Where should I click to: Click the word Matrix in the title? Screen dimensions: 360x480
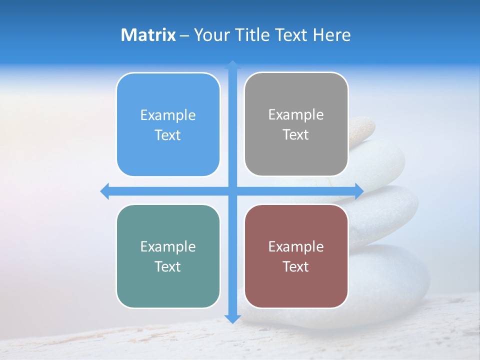pos(148,35)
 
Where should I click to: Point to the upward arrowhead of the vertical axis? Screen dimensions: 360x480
pos(232,64)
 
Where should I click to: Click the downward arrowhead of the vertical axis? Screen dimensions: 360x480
pos(232,318)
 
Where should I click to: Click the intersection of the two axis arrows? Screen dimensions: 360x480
pos(232,191)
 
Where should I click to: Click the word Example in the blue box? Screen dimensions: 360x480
pos(168,115)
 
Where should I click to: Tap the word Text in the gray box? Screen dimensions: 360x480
pos(296,135)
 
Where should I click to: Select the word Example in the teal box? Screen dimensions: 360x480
pos(168,246)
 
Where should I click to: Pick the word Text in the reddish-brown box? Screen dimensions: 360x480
pos(296,266)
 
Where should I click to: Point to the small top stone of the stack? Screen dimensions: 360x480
pos(360,127)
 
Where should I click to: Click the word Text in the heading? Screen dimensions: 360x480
pos(291,35)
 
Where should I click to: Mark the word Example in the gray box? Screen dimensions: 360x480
pos(296,115)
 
